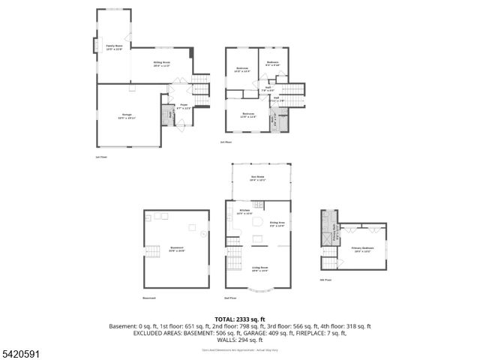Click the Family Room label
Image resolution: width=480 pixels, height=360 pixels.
click(x=114, y=47)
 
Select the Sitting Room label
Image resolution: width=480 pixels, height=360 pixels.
click(x=162, y=64)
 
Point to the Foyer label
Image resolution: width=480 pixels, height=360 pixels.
click(x=184, y=106)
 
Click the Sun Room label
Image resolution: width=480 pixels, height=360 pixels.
click(x=258, y=178)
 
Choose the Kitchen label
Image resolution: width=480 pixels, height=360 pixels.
click(x=244, y=212)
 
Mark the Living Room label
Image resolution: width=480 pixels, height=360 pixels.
click(x=260, y=269)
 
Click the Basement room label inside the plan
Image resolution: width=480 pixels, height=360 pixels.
click(x=177, y=248)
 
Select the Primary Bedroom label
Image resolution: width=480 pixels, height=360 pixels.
click(x=361, y=248)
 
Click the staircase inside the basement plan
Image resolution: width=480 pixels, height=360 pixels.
click(x=155, y=253)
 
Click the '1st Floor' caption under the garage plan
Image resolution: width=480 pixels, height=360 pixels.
click(x=101, y=157)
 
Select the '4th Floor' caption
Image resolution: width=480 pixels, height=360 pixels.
click(x=326, y=279)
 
